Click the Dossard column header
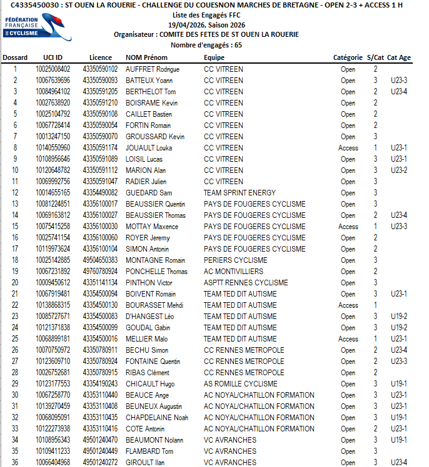pos(15,57)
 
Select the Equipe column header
pos(214,57)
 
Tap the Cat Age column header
pos(399,57)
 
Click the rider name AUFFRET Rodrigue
pos(153,69)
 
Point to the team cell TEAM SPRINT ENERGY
pos(240,193)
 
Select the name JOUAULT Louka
pos(149,148)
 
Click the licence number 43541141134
pos(100,283)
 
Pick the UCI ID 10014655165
pos(53,193)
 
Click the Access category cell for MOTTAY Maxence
pos(348,227)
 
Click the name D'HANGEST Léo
pos(150,317)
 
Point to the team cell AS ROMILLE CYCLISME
pos(241,384)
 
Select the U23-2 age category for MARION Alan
pos(399,170)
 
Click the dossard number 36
pos(15,463)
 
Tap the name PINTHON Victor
pos(149,283)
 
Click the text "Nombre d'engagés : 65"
pos(206,46)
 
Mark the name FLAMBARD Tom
pos(149,451)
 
